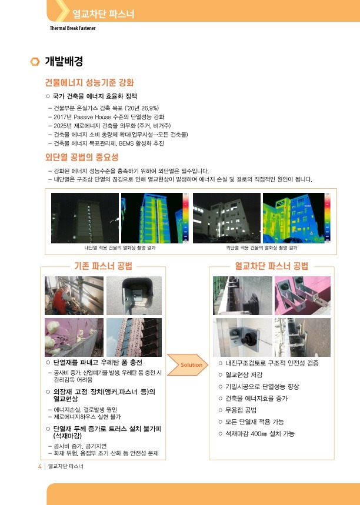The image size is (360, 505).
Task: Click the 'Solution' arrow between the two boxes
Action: pyautogui.click(x=187, y=365)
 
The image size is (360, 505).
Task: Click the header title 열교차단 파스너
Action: pyautogui.click(x=103, y=14)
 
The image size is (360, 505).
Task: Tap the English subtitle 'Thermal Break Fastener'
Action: pyautogui.click(x=72, y=28)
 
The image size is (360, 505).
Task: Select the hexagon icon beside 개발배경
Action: pyautogui.click(x=35, y=61)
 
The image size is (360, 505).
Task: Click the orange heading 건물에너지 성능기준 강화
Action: pyautogui.click(x=89, y=83)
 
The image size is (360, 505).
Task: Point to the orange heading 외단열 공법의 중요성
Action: pyautogui.click(x=82, y=157)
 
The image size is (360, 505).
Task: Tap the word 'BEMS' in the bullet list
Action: pyautogui.click(x=126, y=143)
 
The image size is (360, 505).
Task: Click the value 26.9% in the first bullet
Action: pyautogui.click(x=149, y=108)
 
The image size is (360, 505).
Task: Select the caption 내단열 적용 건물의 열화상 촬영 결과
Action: pyautogui.click(x=120, y=248)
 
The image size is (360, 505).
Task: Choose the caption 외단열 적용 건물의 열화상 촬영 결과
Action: pyautogui.click(x=261, y=248)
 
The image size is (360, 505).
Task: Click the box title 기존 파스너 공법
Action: pyautogui.click(x=103, y=266)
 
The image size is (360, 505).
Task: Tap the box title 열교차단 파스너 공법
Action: pyautogui.click(x=271, y=266)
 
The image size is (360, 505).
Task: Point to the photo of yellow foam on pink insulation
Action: pyautogui.click(x=74, y=337)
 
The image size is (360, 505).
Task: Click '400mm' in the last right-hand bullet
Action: pyautogui.click(x=258, y=434)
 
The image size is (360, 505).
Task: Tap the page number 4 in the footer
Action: pyautogui.click(x=40, y=466)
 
